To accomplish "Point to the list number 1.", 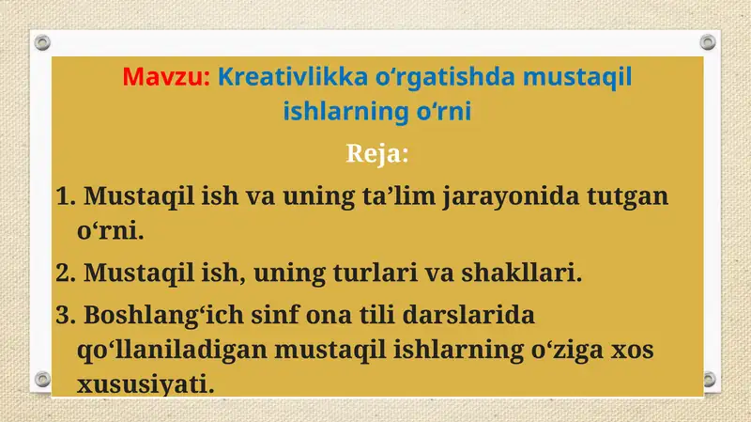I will coord(64,197).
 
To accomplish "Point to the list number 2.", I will coord(64,274).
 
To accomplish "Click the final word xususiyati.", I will coord(146,384).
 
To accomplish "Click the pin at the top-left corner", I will coord(41,42).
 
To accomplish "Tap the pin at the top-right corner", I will coord(709,42).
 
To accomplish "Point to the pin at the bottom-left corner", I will coord(41,380).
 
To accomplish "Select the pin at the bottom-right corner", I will coord(709,380).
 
